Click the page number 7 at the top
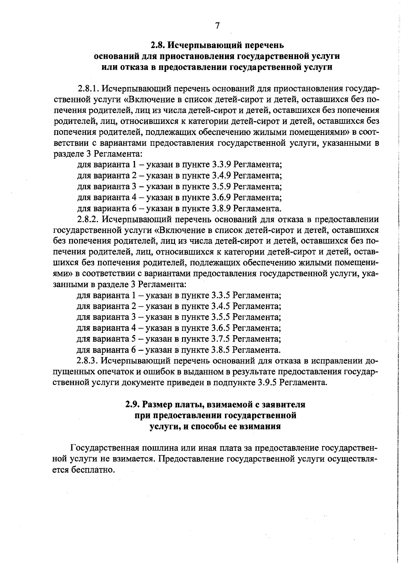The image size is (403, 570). coord(217,26)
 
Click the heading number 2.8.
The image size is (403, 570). coord(158,45)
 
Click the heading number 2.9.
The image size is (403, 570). coord(133,404)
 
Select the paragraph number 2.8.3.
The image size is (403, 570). coord(88,361)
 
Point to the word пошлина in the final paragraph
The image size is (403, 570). coord(161,448)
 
